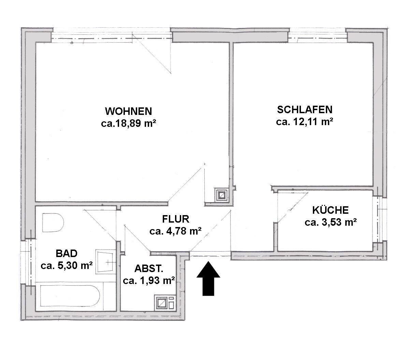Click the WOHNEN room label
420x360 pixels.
[128, 111]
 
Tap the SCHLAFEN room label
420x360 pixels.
[305, 110]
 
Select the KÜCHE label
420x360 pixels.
[331, 210]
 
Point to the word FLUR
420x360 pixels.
[176, 219]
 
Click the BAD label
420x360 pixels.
[67, 253]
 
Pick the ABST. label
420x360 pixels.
[149, 269]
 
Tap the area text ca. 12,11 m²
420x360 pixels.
[305, 122]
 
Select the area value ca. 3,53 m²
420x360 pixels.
[331, 222]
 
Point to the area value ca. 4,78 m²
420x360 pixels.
[176, 231]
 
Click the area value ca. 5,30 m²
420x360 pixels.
[67, 266]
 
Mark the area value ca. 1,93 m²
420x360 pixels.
[149, 281]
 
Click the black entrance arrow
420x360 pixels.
[208, 279]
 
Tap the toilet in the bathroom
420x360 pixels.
[53, 222]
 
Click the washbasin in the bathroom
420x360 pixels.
[104, 262]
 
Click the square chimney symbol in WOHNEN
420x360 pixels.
[221, 195]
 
